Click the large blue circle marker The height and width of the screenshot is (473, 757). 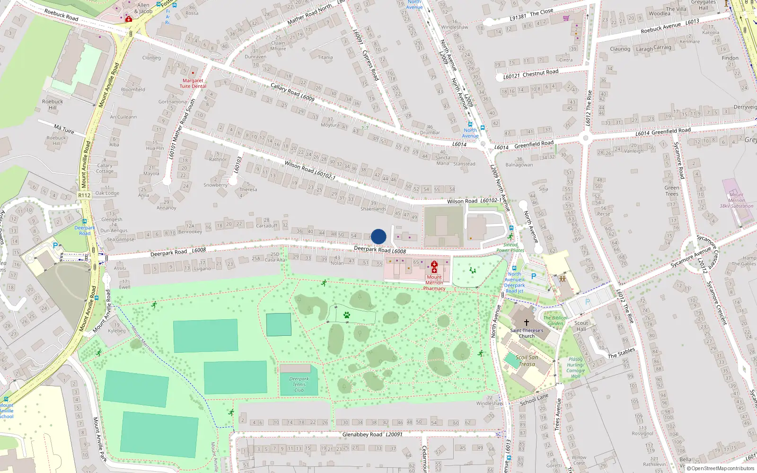pos(378,236)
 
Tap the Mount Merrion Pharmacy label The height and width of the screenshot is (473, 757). pos(434,283)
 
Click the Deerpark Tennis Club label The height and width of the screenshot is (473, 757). pos(299,384)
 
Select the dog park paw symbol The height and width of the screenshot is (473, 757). pos(347,315)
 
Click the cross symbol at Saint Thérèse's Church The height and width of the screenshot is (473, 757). pos(526,322)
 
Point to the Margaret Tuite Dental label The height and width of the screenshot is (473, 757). pos(193,83)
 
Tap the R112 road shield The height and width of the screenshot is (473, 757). pos(84,195)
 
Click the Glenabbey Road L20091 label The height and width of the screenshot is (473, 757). pos(372,434)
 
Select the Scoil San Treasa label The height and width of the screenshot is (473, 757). pos(527,360)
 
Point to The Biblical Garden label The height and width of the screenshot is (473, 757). pos(555,321)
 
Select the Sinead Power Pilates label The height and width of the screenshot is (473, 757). pos(510,247)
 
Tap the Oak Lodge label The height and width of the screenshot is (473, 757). pos(107,193)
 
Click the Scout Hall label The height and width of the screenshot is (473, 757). pos(581,326)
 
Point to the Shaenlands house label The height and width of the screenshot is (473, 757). pos(373,209)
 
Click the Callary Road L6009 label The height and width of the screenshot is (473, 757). pos(292,92)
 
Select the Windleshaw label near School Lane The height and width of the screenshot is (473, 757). pos(489,403)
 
